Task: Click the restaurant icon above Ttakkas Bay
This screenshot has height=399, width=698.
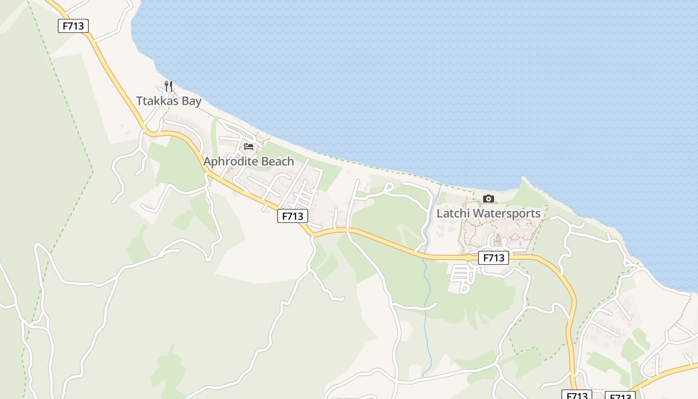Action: (x=169, y=86)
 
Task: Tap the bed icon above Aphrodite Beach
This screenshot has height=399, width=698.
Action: (x=249, y=147)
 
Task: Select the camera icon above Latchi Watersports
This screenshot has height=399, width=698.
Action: (x=489, y=199)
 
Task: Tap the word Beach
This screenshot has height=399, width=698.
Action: (x=276, y=162)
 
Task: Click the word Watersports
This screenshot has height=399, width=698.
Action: (x=507, y=213)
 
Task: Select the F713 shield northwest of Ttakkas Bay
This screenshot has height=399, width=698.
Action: (x=73, y=26)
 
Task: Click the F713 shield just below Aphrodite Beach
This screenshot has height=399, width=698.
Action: (x=293, y=216)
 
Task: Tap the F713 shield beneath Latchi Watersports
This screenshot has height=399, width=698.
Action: (x=494, y=258)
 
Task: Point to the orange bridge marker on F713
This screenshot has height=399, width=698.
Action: (x=469, y=258)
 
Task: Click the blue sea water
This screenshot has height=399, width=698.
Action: (x=399, y=75)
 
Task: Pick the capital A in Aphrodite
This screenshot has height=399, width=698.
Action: (x=207, y=162)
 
